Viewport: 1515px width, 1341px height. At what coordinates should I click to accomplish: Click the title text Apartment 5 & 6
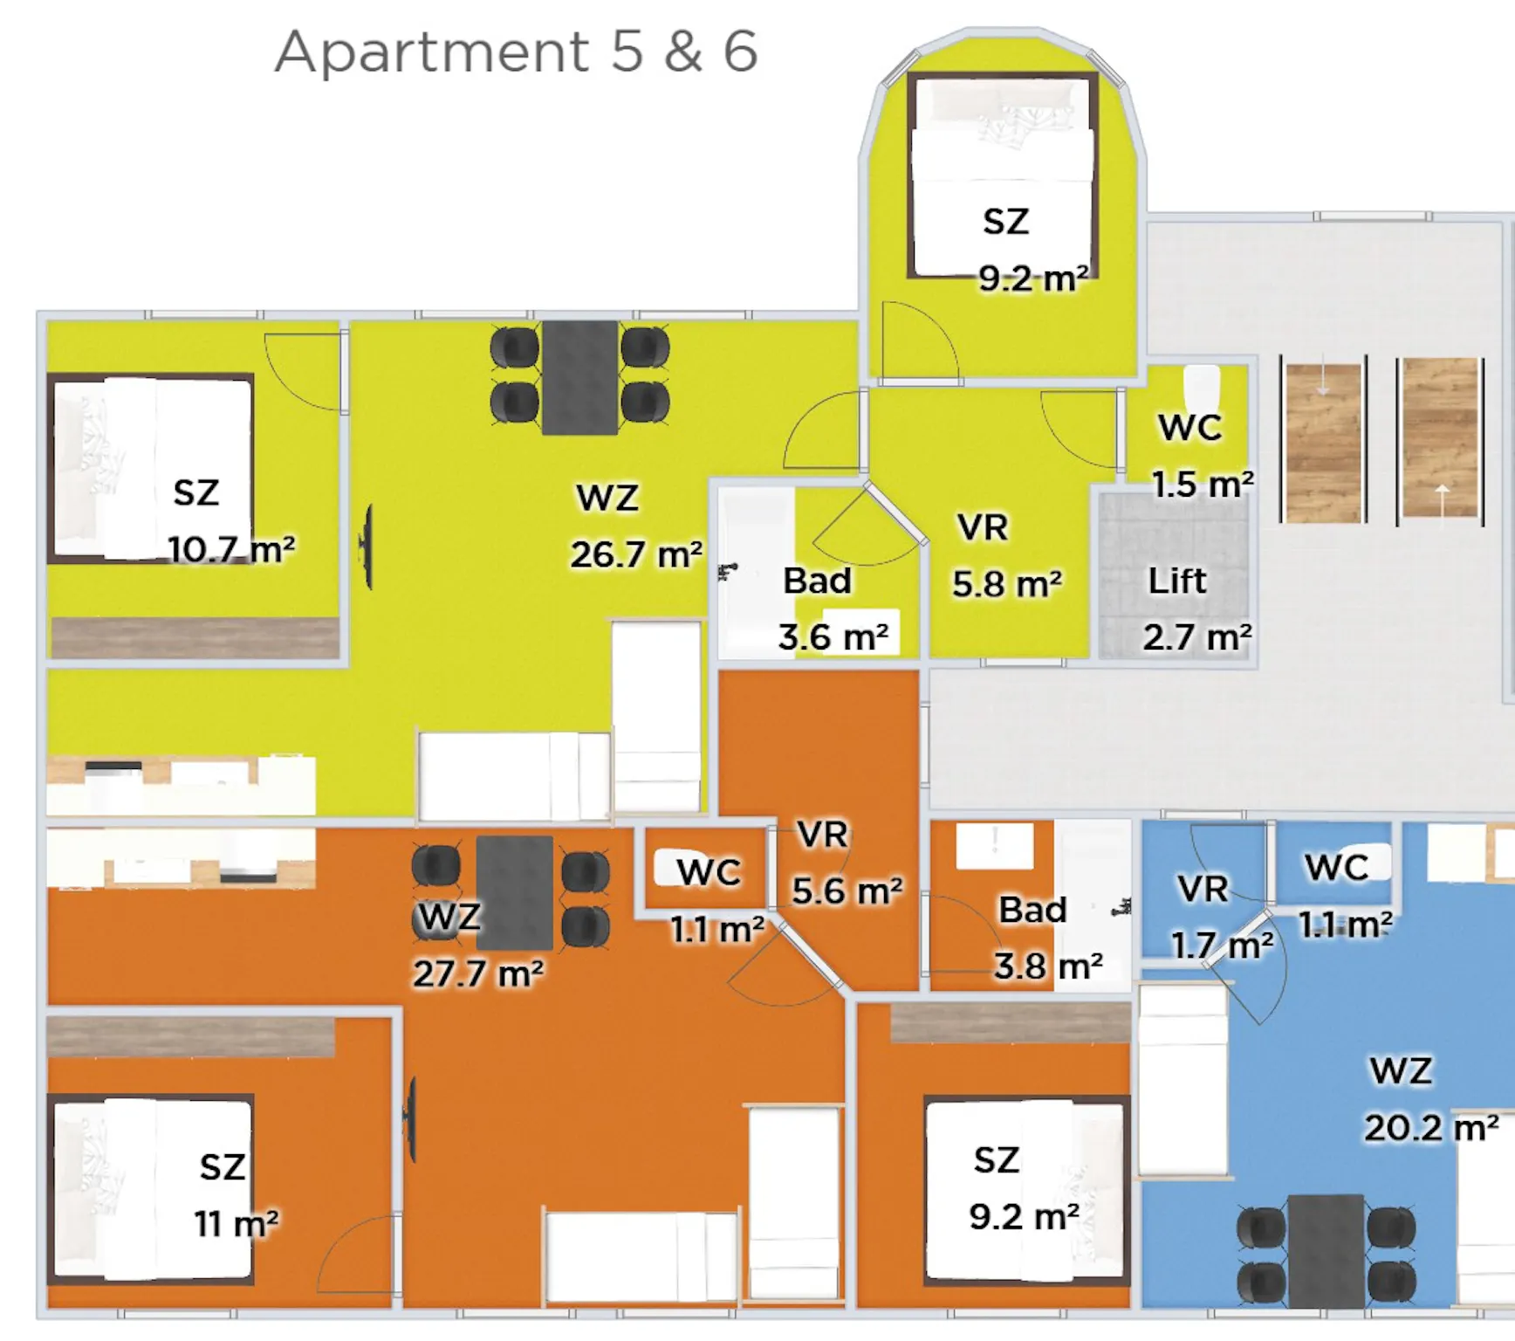pyautogui.click(x=516, y=52)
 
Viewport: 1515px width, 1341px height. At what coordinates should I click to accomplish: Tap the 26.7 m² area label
pyautogui.click(x=636, y=554)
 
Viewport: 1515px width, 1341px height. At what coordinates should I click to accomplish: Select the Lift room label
pyautogui.click(x=1176, y=581)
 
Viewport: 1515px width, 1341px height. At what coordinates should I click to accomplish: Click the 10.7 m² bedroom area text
pyautogui.click(x=231, y=549)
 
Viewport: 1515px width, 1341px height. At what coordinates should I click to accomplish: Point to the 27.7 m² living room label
pyautogui.click(x=478, y=973)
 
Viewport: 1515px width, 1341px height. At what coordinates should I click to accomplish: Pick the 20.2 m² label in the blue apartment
pyautogui.click(x=1431, y=1127)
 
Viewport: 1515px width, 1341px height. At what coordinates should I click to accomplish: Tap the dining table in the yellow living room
pyautogui.click(x=580, y=377)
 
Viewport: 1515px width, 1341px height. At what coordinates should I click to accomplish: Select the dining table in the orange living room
pyautogui.click(x=515, y=892)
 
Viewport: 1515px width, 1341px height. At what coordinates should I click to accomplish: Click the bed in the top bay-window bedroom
pyautogui.click(x=1003, y=175)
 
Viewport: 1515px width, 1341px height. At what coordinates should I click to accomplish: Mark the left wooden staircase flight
pyautogui.click(x=1323, y=441)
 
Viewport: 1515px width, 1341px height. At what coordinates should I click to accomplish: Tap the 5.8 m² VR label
pyautogui.click(x=1007, y=584)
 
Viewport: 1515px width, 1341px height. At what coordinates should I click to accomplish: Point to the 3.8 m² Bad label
pyautogui.click(x=1048, y=966)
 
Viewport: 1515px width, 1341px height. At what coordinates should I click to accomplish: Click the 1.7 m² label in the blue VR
pyautogui.click(x=1222, y=944)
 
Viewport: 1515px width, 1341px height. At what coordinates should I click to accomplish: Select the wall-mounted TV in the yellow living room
pyautogui.click(x=368, y=547)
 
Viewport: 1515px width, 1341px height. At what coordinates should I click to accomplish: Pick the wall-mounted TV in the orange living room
pyautogui.click(x=410, y=1119)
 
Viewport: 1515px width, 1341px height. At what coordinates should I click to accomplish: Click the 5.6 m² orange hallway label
pyautogui.click(x=847, y=891)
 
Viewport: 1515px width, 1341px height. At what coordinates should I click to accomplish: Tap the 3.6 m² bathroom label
pyautogui.click(x=833, y=636)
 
